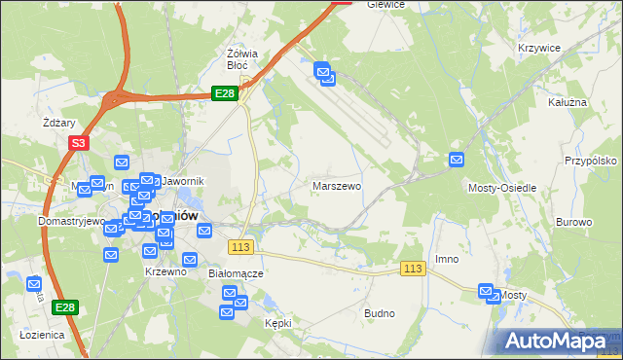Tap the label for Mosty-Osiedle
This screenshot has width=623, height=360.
pos(502,187)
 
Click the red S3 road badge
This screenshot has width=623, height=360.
pos(79,142)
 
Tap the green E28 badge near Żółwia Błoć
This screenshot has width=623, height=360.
pos(225,92)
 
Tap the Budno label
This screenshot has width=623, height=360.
pos(379,313)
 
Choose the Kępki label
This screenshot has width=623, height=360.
pos(278,321)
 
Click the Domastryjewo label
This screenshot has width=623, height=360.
pos(44,221)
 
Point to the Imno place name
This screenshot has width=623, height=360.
pos(447,259)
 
